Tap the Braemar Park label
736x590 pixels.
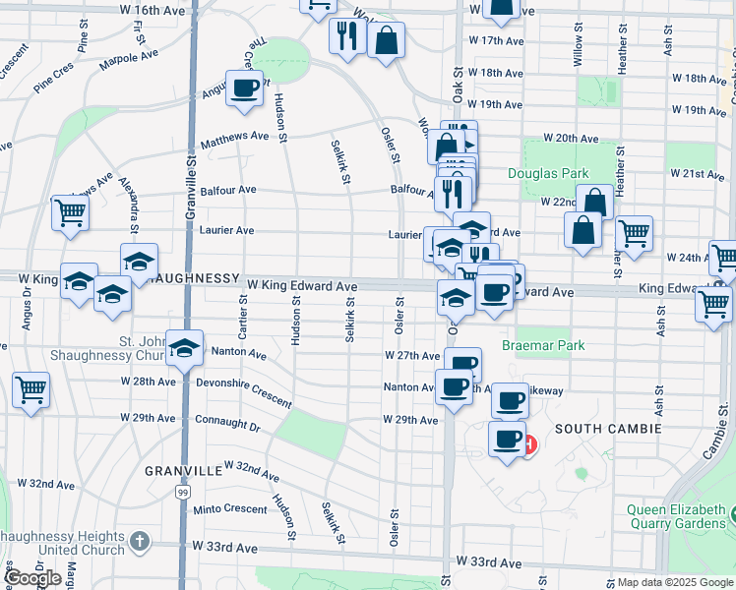coord(543,345)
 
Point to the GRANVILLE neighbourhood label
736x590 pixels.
coord(184,471)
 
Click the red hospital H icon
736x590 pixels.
coord(529,445)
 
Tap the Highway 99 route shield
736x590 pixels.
coord(183,492)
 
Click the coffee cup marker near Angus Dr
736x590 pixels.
coord(245,89)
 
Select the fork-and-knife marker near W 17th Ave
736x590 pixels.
coord(346,36)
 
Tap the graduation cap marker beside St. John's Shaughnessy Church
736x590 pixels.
coord(184,348)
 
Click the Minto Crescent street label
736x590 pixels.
coord(230,509)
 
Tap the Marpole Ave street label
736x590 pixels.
coord(129,61)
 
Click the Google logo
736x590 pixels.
coord(33,578)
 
